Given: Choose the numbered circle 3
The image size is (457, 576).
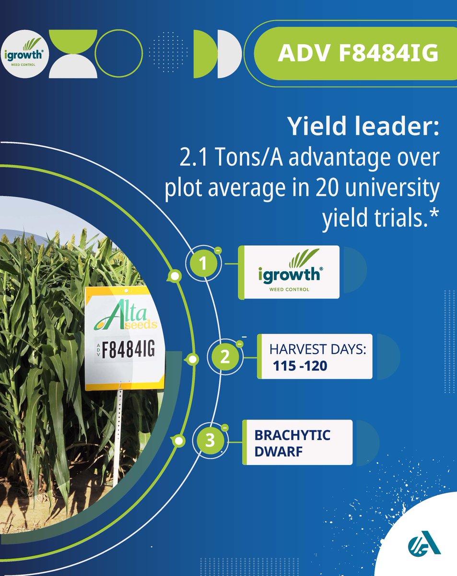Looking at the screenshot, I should (x=210, y=441).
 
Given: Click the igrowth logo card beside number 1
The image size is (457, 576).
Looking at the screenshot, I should (x=290, y=272).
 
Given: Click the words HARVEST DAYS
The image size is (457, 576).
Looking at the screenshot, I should (x=317, y=349).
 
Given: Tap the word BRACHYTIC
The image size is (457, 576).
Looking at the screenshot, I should (x=292, y=435).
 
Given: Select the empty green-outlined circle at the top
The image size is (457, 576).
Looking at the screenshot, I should (x=119, y=53).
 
